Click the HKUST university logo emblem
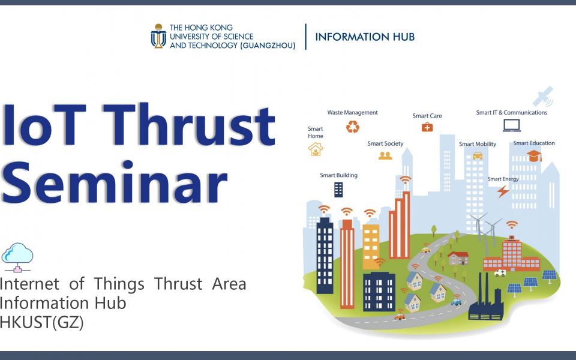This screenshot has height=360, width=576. [158, 36]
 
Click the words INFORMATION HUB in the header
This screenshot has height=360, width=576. [365, 37]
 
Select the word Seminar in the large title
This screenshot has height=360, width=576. [114, 182]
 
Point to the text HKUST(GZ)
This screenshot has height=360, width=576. [41, 322]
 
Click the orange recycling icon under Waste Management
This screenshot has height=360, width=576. [353, 127]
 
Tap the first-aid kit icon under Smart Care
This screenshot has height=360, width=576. [427, 127]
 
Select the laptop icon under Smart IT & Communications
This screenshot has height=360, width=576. [512, 125]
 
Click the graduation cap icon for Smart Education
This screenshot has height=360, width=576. [535, 156]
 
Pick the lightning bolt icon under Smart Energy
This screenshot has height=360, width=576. [503, 191]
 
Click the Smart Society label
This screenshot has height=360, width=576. [385, 143]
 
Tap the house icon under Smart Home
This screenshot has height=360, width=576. [316, 149]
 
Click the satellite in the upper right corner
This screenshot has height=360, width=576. [543, 96]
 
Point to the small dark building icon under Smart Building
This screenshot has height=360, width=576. [338, 190]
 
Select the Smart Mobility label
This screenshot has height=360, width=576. [478, 144]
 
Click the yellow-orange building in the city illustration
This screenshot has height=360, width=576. [371, 247]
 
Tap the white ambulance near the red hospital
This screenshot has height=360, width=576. [500, 273]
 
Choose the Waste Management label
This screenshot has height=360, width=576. [352, 112]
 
